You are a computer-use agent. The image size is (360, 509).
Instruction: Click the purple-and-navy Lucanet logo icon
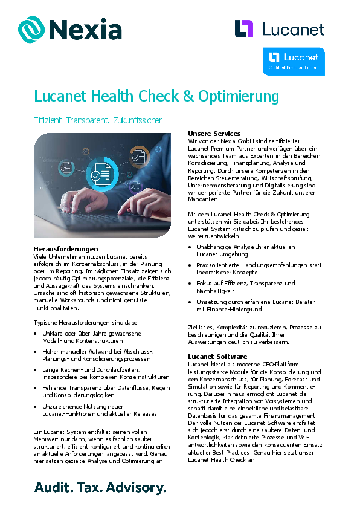[x=244, y=29]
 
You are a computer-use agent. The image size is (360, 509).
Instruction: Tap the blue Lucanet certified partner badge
[x=294, y=60]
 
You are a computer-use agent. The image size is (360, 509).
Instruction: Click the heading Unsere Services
[x=214, y=133]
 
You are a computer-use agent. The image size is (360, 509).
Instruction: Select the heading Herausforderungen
[x=66, y=248]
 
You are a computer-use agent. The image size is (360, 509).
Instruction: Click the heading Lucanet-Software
[x=217, y=357]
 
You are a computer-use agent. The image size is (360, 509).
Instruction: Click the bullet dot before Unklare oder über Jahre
[x=37, y=333]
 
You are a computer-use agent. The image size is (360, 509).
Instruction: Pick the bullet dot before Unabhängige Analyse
[x=191, y=247]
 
